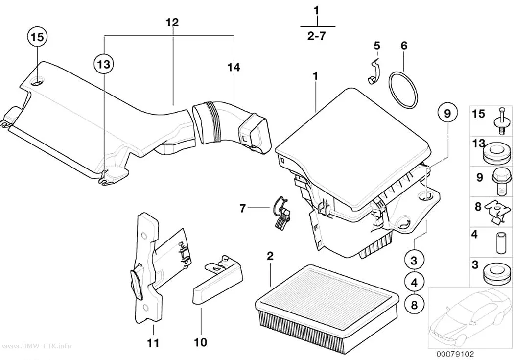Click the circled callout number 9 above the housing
(x=447, y=114)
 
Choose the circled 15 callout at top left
(x=37, y=37)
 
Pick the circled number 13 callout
(x=104, y=64)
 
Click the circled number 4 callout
(x=414, y=282)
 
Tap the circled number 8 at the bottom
(x=414, y=305)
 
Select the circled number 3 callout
(x=414, y=261)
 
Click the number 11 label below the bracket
(x=153, y=343)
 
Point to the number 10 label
(x=201, y=343)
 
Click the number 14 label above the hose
(x=234, y=67)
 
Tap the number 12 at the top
(x=172, y=23)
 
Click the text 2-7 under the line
(x=317, y=35)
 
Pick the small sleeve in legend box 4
(x=501, y=243)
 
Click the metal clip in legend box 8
(x=498, y=212)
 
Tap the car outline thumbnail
(x=469, y=317)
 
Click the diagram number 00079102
(x=455, y=354)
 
